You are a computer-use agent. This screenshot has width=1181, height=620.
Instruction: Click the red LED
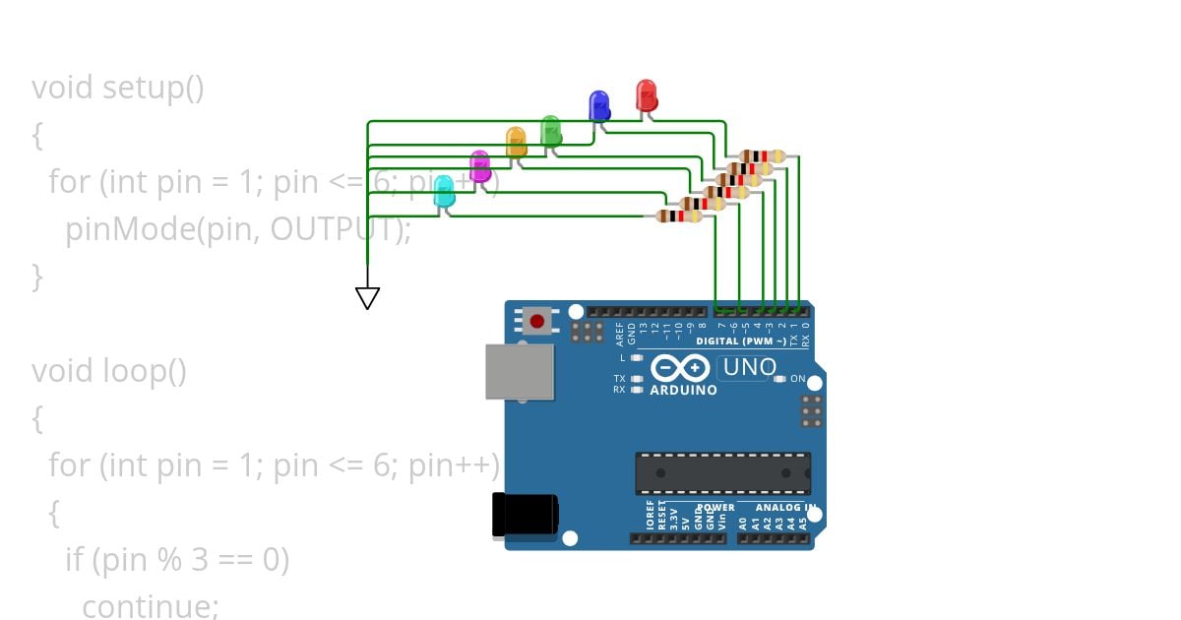(x=647, y=95)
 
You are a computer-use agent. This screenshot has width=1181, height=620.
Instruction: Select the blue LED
(x=598, y=105)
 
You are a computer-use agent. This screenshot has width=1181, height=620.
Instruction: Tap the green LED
(x=551, y=130)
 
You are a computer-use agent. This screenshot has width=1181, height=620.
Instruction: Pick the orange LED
(x=516, y=142)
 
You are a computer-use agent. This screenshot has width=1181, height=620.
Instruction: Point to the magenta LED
(x=479, y=165)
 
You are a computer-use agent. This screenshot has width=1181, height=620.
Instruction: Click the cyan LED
(x=444, y=191)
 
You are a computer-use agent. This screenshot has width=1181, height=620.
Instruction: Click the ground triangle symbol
(x=367, y=297)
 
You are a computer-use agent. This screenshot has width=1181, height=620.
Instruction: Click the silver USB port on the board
(x=520, y=371)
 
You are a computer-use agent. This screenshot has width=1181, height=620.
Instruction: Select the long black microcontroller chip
(x=723, y=473)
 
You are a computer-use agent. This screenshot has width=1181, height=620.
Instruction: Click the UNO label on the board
(x=750, y=368)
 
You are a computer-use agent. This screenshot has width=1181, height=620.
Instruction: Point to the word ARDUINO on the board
(x=683, y=390)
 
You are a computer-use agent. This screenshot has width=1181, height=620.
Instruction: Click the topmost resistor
(x=762, y=155)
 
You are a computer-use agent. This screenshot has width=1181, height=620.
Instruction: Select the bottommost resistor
(x=679, y=216)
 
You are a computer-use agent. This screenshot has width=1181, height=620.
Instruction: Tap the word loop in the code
(x=133, y=372)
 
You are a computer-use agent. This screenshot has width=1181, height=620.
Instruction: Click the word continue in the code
(x=150, y=606)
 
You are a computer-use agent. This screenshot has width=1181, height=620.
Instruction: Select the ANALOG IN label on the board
(x=784, y=508)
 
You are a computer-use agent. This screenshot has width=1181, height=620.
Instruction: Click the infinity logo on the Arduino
(x=680, y=368)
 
